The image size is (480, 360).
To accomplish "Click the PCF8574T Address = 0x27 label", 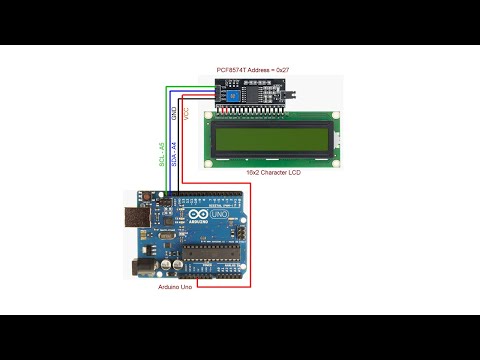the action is click(x=253, y=70).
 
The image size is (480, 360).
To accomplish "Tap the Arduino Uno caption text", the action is click(x=178, y=287).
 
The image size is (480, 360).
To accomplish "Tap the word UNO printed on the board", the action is click(x=218, y=216).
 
